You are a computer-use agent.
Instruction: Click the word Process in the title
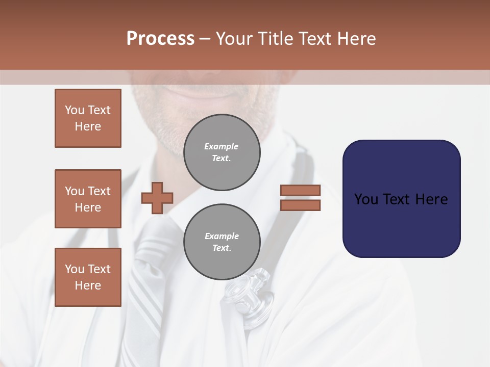point(160,39)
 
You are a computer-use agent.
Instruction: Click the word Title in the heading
point(275,39)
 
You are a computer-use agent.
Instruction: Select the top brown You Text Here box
point(88,118)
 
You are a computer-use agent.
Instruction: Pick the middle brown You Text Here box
point(88,199)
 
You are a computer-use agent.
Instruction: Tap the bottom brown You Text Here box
point(88,277)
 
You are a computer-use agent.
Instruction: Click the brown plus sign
point(157,197)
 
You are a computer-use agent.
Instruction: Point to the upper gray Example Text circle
point(222,152)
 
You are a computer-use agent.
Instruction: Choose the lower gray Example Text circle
point(222,242)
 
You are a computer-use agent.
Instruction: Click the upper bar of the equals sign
point(300,190)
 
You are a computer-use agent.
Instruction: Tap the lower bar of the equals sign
point(300,205)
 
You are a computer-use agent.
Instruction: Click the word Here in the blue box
point(431,199)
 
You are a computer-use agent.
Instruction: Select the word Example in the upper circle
point(222,146)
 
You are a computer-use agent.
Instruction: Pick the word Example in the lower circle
point(222,236)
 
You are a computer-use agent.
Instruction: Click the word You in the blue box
point(366,199)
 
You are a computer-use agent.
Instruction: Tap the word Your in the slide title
point(235,39)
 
